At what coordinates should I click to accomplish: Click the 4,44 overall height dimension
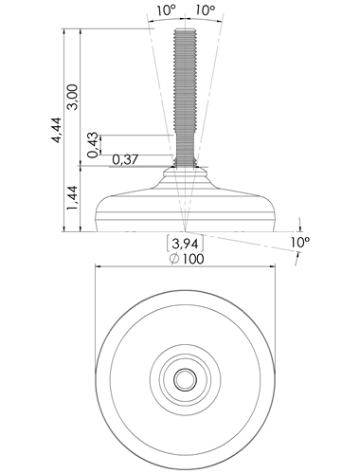coord(57,130)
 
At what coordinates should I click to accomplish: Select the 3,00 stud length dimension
coord(72,97)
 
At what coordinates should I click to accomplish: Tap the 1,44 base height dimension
coord(72,198)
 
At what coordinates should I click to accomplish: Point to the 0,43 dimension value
coord(93,145)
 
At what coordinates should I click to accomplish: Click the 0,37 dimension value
coord(125,160)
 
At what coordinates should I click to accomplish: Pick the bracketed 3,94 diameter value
coord(185,244)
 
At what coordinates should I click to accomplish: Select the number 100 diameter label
coord(193,259)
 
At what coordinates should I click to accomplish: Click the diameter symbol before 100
coord(174,259)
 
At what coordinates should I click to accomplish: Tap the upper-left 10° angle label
coord(166,10)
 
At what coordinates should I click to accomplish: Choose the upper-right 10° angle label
coord(206,10)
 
